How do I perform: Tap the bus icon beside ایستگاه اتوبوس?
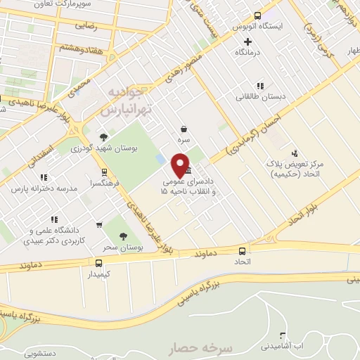(257, 15)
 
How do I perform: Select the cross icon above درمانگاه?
(247, 41)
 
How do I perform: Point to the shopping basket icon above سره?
(184, 129)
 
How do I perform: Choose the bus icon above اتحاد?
(242, 250)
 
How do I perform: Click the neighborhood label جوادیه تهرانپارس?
(122, 103)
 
